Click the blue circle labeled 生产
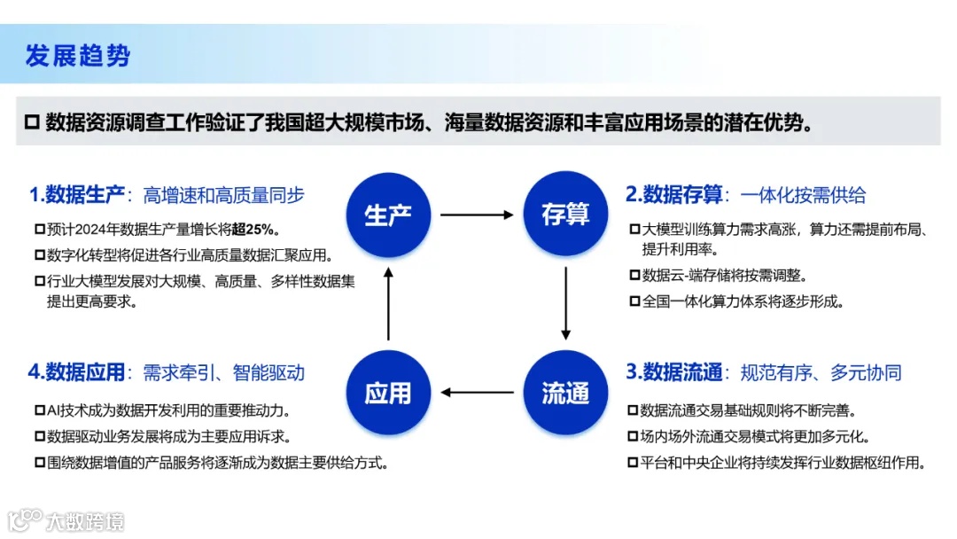click(388, 214)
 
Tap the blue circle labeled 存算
click(565, 214)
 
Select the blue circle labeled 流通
click(565, 392)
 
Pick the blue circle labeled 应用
click(388, 392)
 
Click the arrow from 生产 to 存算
click(477, 215)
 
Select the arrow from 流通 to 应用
click(477, 392)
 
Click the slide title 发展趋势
click(78, 55)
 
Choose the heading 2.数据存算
click(674, 194)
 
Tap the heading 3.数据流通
click(674, 371)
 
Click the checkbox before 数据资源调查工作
click(33, 121)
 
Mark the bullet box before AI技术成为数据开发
click(39, 411)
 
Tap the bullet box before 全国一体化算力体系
click(634, 301)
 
